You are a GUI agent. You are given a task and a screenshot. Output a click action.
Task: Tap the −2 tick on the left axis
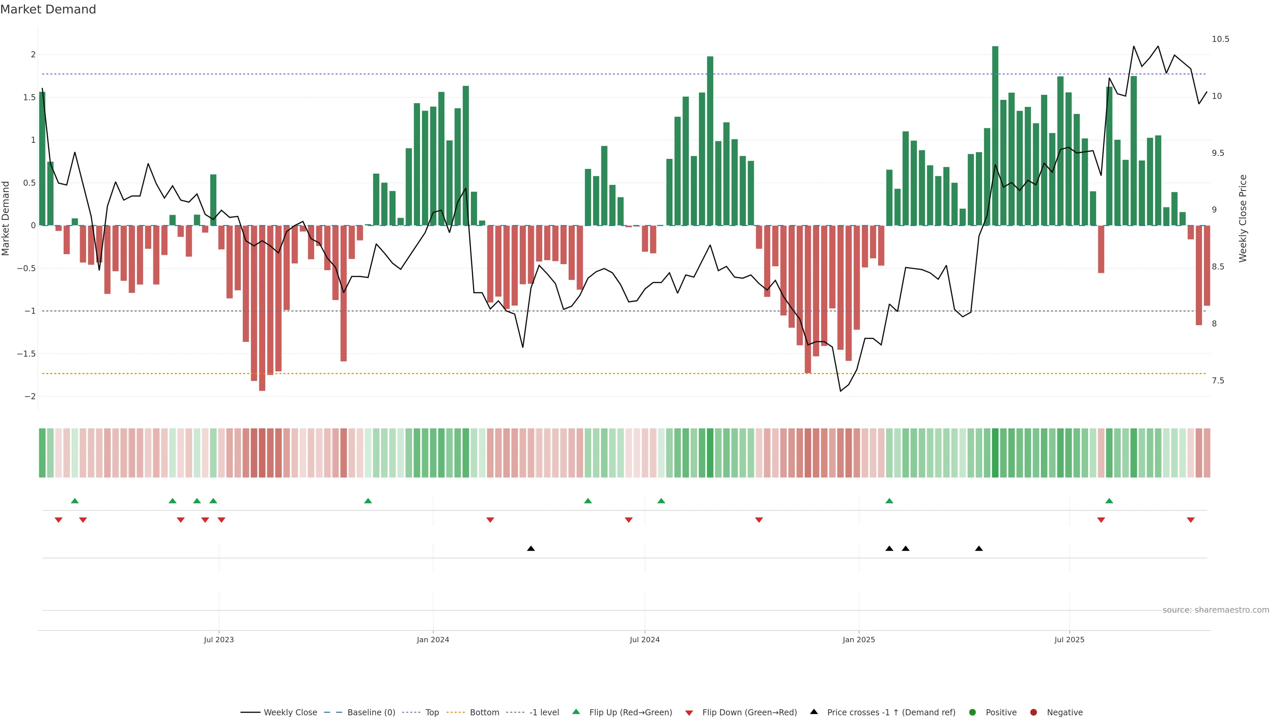point(30,396)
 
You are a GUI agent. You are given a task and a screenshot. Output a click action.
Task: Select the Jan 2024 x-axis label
point(433,640)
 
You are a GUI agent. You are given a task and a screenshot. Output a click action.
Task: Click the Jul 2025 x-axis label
point(1069,640)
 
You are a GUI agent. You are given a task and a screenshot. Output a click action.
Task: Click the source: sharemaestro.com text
point(1216,610)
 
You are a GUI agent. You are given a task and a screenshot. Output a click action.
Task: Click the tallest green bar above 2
point(995,135)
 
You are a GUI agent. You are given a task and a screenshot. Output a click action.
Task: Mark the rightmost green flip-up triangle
point(1109,501)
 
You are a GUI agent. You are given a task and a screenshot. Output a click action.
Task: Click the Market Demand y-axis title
point(6,218)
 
